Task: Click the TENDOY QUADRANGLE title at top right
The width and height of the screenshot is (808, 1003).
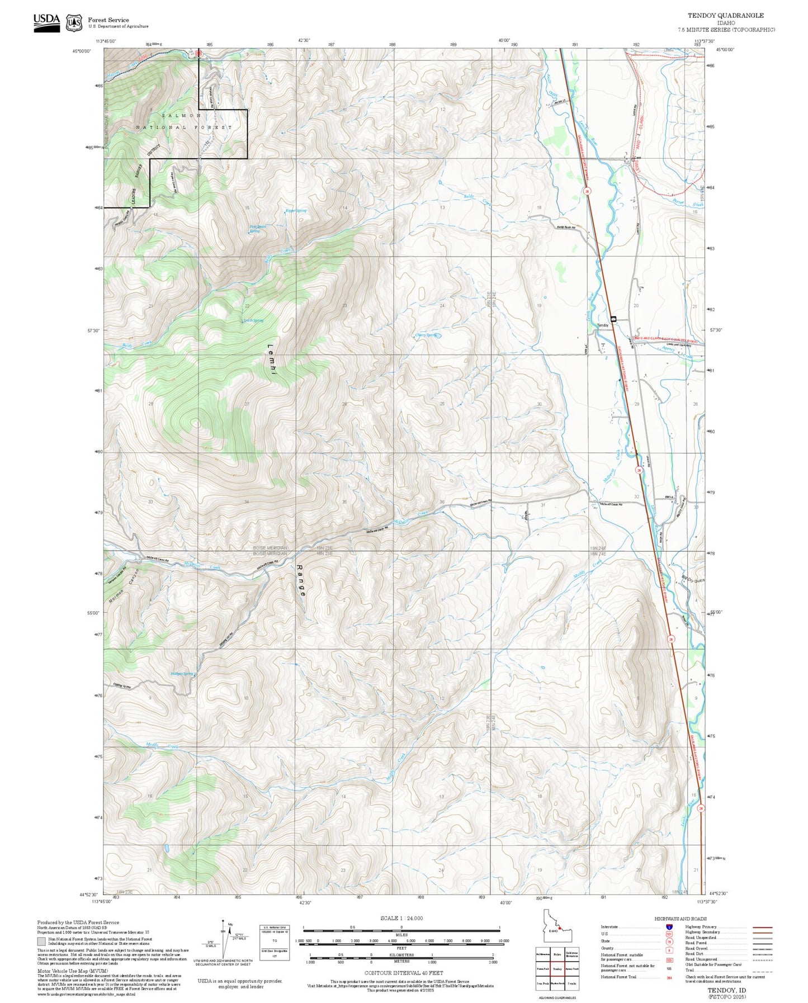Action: (725, 16)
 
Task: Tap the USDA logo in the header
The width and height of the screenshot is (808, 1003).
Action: (46, 22)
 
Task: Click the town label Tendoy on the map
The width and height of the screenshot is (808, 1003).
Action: (602, 325)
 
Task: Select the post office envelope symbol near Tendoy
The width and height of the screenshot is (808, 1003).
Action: (613, 319)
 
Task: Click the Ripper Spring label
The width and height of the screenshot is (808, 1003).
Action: (296, 211)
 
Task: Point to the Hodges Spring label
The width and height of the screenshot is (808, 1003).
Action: (182, 674)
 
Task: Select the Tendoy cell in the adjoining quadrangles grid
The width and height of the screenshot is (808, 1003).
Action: (557, 969)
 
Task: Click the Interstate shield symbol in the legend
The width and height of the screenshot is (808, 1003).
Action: (669, 927)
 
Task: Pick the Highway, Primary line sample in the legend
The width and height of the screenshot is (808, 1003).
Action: (763, 927)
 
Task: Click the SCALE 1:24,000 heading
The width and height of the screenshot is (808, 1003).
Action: (401, 918)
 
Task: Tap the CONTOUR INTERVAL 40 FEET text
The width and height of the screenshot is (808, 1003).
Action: (403, 973)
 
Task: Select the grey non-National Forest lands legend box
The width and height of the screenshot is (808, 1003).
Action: (41, 941)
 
